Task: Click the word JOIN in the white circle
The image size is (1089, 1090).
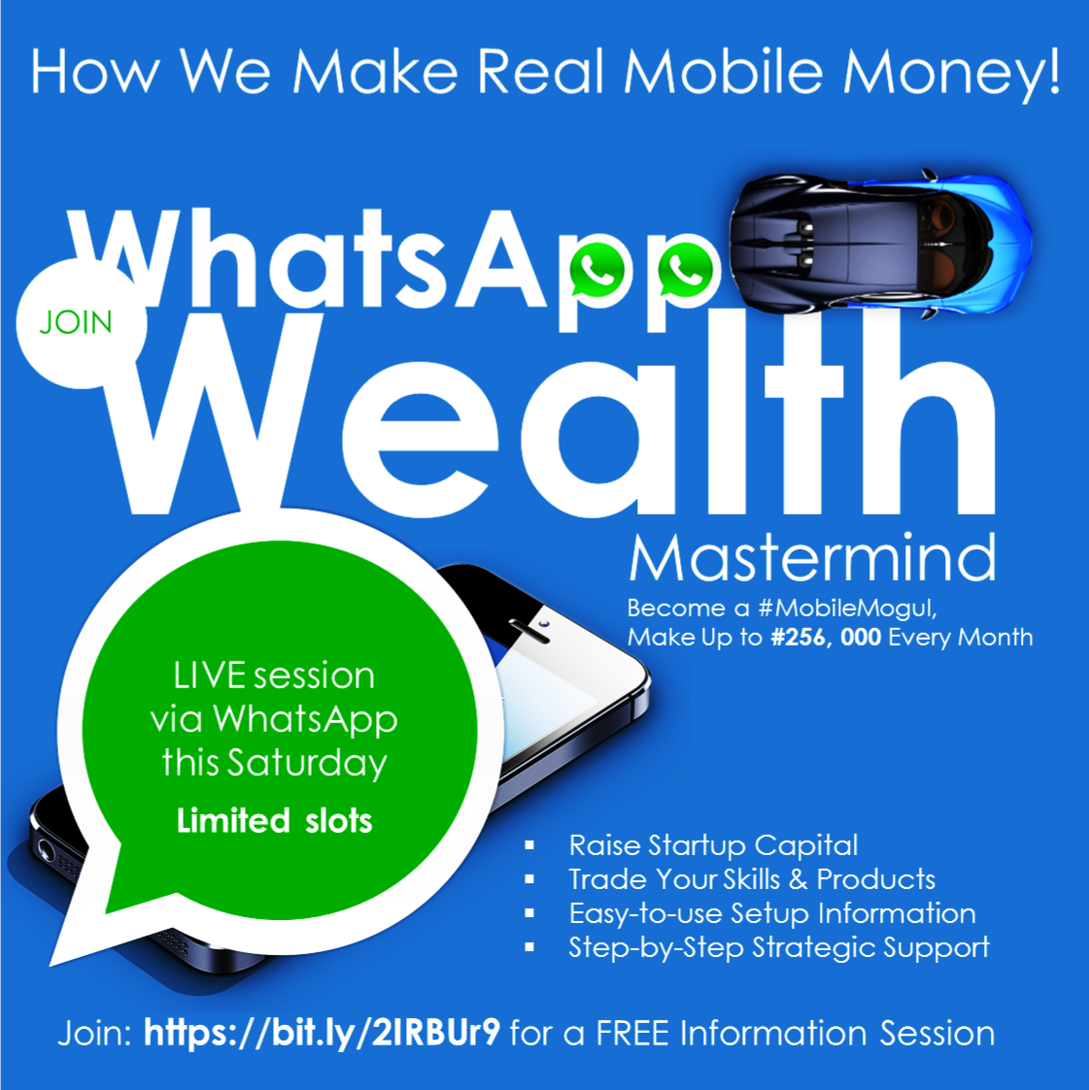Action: [75, 322]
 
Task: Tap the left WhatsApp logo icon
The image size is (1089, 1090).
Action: [597, 271]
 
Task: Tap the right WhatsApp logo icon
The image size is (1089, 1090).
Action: [686, 271]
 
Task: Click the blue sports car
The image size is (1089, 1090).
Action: [880, 243]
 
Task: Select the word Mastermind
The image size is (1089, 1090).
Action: [813, 558]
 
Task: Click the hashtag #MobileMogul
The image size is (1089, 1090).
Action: [847, 609]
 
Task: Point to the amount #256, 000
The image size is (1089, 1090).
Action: [826, 638]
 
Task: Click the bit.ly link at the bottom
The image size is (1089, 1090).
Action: [322, 1034]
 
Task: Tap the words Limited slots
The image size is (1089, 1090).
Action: [274, 821]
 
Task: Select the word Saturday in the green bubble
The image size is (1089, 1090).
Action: [307, 763]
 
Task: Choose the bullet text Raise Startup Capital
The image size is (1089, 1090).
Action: [713, 845]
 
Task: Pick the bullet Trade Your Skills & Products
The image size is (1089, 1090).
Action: [752, 879]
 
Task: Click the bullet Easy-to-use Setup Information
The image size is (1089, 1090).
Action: [772, 913]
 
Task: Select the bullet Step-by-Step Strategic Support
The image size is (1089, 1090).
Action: [779, 948]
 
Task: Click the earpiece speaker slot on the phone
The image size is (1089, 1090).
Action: [529, 631]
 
